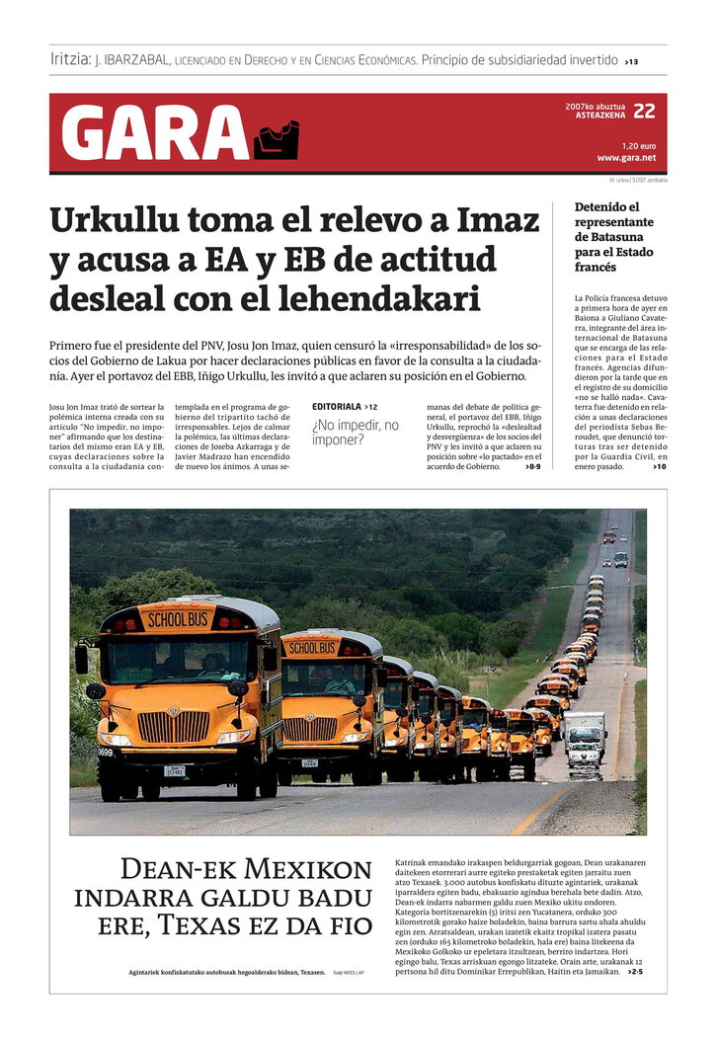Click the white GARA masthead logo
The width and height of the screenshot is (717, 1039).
click(x=155, y=133)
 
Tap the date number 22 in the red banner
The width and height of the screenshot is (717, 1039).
click(x=644, y=111)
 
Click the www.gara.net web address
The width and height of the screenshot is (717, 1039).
click(x=626, y=158)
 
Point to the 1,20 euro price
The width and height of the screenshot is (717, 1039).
click(x=639, y=145)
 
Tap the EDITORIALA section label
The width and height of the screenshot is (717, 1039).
click(x=336, y=407)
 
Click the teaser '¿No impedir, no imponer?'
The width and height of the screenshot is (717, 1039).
click(x=356, y=432)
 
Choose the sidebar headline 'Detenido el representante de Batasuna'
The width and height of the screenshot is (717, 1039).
click(x=614, y=237)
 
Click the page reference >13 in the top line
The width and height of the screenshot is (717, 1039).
click(x=631, y=61)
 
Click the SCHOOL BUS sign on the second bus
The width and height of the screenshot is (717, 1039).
click(x=312, y=648)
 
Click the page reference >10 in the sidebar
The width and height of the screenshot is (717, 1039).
click(x=659, y=466)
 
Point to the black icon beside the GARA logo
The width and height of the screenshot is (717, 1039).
click(x=276, y=140)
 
